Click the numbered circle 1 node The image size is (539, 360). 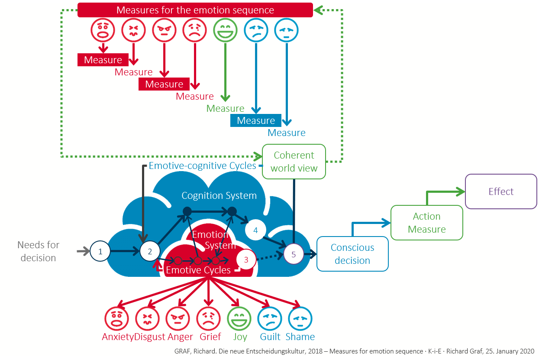[100, 251]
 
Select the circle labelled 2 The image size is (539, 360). [150, 251]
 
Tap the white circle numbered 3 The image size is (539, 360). [246, 260]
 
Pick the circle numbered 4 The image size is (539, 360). [255, 230]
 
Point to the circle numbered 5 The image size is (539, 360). [294, 254]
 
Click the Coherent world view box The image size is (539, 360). [294, 162]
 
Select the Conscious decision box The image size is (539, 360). [352, 254]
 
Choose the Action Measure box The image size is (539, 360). [426, 223]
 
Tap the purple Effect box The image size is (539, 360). [501, 191]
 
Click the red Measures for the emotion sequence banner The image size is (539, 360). [195, 10]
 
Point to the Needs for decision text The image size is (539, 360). [38, 251]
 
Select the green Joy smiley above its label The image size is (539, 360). [239, 319]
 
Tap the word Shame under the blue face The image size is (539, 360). [300, 337]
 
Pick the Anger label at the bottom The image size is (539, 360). [180, 337]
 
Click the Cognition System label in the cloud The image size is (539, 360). [219, 196]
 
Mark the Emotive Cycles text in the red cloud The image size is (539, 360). [198, 270]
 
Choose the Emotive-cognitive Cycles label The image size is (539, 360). [203, 165]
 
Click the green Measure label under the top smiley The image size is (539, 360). [225, 108]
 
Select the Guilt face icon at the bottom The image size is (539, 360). [270, 319]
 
